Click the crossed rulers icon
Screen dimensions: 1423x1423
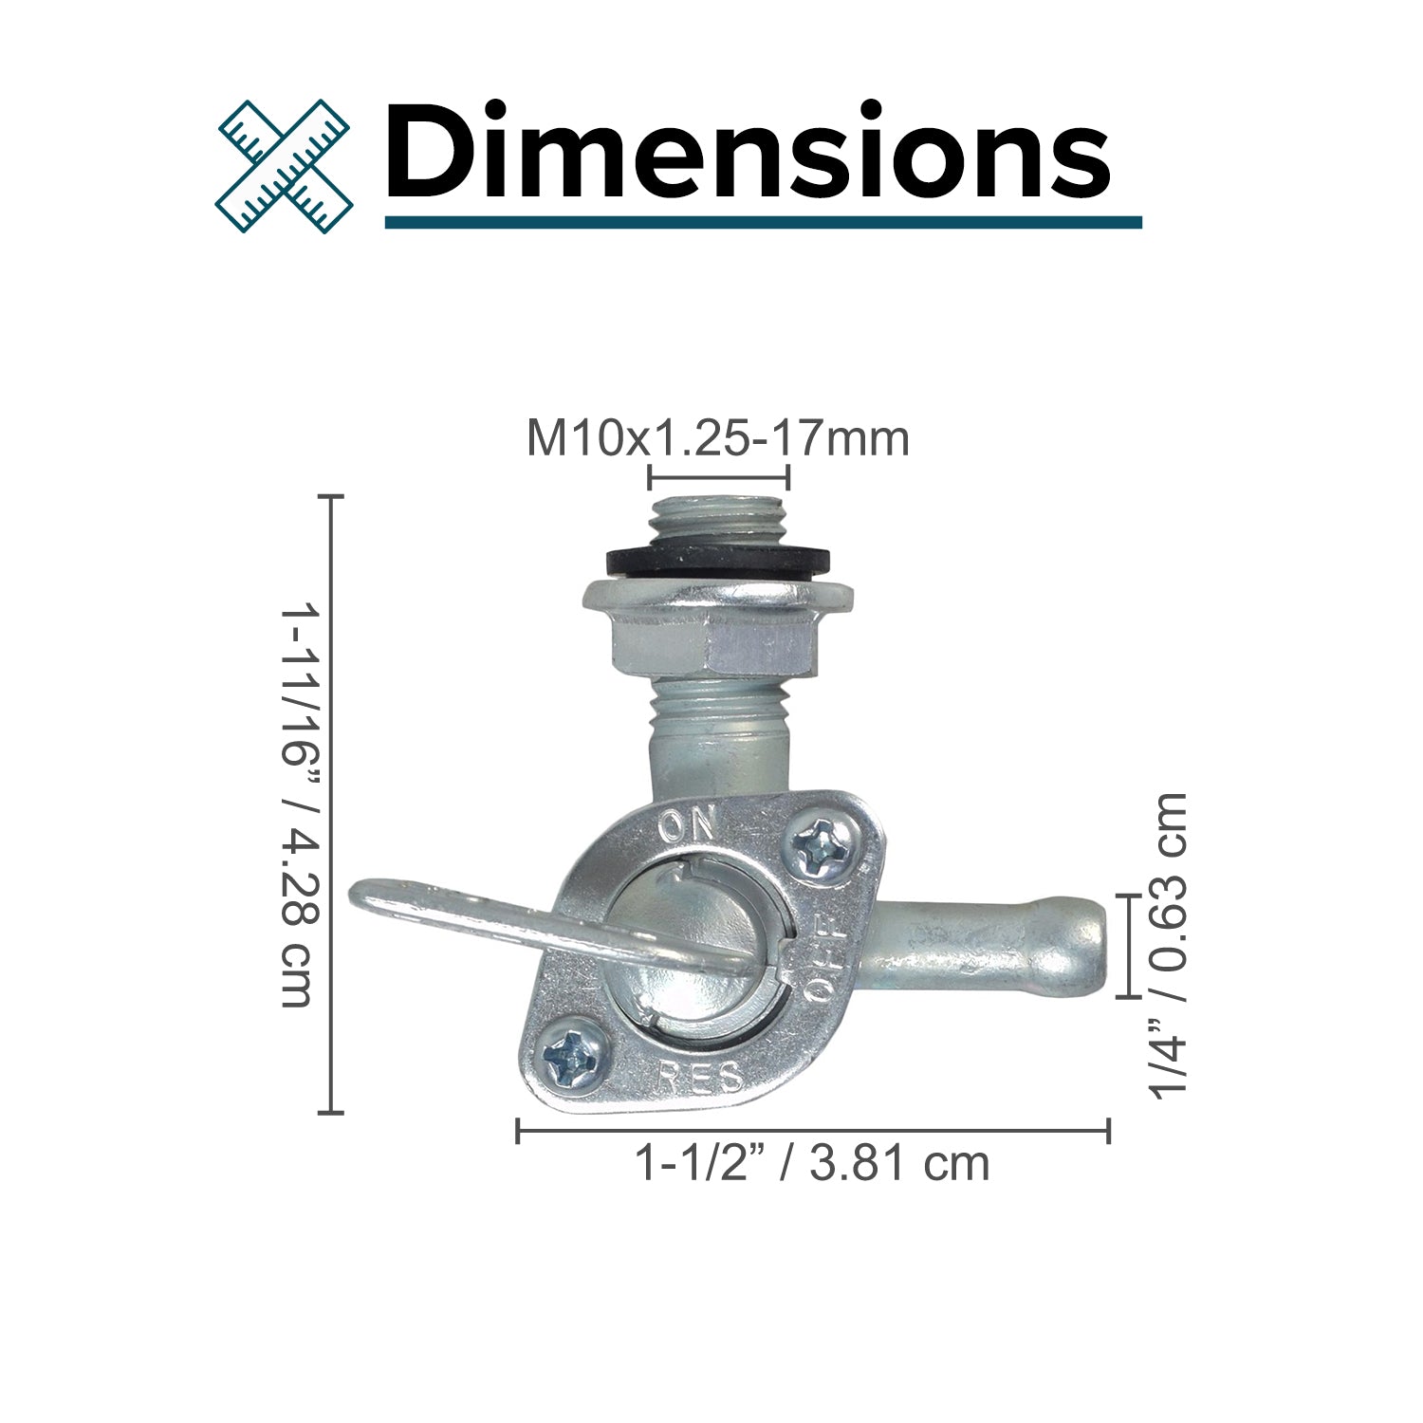[284, 166]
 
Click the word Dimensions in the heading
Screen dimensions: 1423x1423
[748, 152]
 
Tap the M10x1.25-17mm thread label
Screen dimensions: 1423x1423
[717, 438]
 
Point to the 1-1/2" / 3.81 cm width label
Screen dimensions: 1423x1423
[812, 1163]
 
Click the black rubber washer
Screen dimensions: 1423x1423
[718, 561]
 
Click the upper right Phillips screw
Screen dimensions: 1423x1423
[815, 847]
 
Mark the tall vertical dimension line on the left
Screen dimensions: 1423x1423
[330, 804]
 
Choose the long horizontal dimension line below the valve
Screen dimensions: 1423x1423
[813, 1131]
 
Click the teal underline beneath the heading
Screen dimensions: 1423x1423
[763, 222]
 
